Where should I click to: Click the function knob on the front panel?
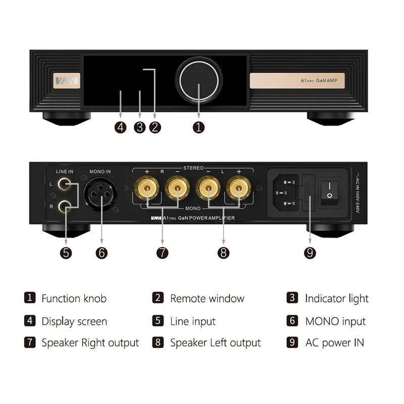(198, 80)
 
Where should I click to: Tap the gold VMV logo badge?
(67, 80)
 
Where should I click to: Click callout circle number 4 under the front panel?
(120, 127)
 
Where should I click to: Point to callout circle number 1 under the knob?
(199, 127)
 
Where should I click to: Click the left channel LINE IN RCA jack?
(64, 184)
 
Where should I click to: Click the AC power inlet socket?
(286, 192)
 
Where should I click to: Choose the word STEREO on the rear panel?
(193, 168)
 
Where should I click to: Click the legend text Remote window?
(207, 298)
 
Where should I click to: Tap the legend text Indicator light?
(337, 298)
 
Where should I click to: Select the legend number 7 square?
(30, 342)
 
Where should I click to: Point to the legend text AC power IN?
(334, 342)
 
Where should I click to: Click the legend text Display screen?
(74, 321)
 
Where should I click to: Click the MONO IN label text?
(100, 172)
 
